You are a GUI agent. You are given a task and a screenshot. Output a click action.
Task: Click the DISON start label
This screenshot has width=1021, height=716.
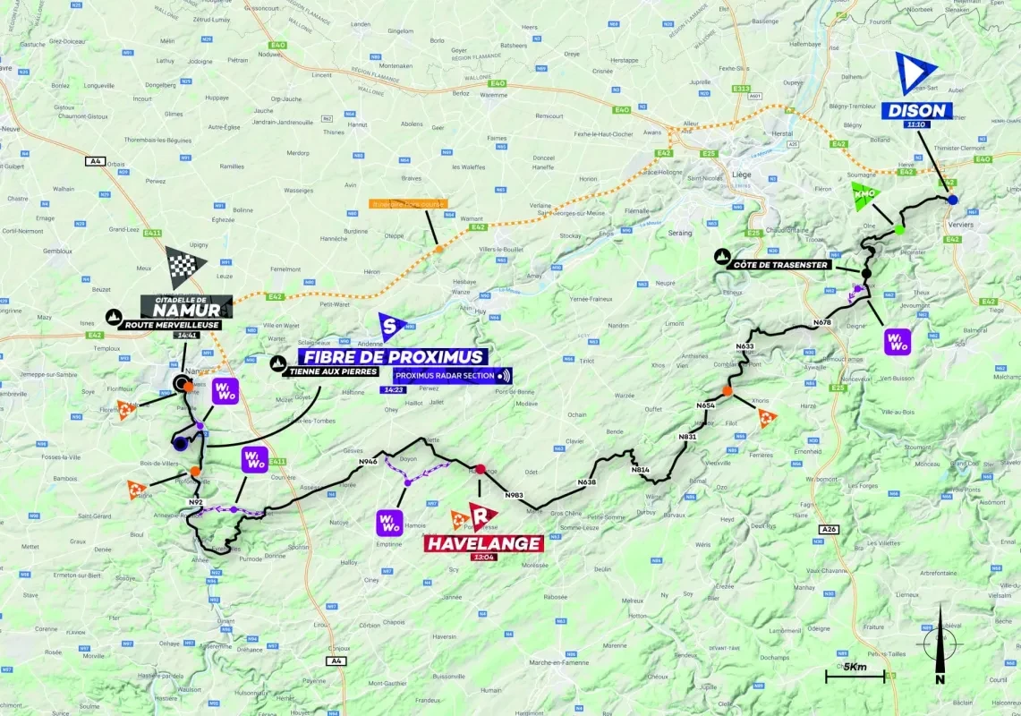[916, 111]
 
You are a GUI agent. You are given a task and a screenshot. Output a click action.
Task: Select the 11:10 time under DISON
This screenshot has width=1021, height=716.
[916, 124]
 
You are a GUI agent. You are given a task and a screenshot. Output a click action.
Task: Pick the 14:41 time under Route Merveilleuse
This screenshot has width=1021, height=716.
[189, 337]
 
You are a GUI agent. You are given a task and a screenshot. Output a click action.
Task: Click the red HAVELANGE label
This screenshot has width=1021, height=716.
[484, 543]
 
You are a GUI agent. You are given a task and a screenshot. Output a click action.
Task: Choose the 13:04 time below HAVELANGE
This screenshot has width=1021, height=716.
[484, 557]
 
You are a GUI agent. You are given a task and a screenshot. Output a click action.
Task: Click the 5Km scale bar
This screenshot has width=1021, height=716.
[855, 673]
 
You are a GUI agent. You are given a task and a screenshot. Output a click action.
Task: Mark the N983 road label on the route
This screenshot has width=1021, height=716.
[514, 495]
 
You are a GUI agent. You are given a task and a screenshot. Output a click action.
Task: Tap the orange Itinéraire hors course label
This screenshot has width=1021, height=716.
[407, 204]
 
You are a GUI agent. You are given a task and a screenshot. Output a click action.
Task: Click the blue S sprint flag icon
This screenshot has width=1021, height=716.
[390, 327]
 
